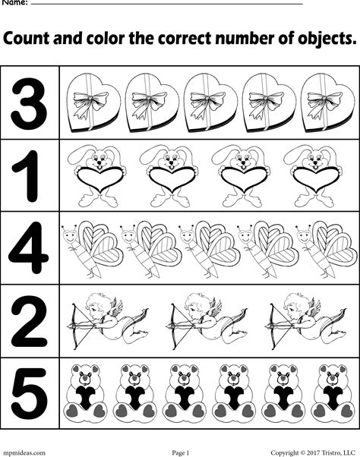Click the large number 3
(x=29, y=103)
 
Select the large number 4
(x=29, y=247)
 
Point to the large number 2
(x=29, y=321)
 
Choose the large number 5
(x=29, y=394)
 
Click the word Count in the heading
(x=26, y=39)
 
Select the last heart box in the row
(x=327, y=102)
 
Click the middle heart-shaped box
(x=210, y=102)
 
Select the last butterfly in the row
(x=327, y=250)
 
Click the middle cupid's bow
(x=175, y=326)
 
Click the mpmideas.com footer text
(x=23, y=452)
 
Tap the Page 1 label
(x=181, y=452)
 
